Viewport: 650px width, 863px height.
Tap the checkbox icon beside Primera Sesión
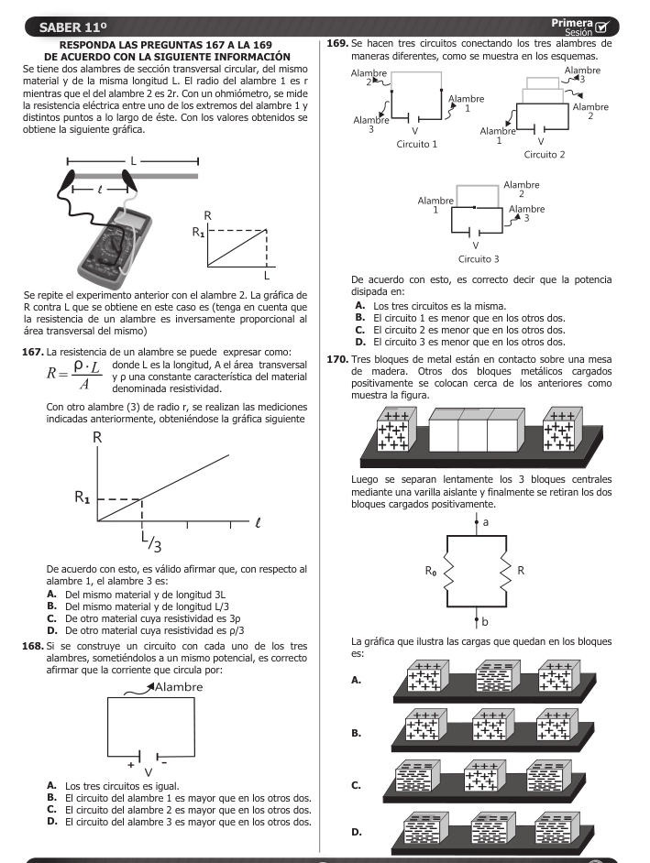click(x=603, y=27)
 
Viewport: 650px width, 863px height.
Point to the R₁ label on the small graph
click(x=199, y=231)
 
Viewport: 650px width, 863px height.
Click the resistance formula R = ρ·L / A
click(x=74, y=373)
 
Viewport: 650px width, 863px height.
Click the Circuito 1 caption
click(x=415, y=144)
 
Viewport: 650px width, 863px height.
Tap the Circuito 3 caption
click(x=478, y=259)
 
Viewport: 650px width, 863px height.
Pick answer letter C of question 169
click(x=359, y=329)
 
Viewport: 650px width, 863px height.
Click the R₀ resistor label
click(x=430, y=570)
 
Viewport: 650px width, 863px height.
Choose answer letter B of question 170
click(x=356, y=733)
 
